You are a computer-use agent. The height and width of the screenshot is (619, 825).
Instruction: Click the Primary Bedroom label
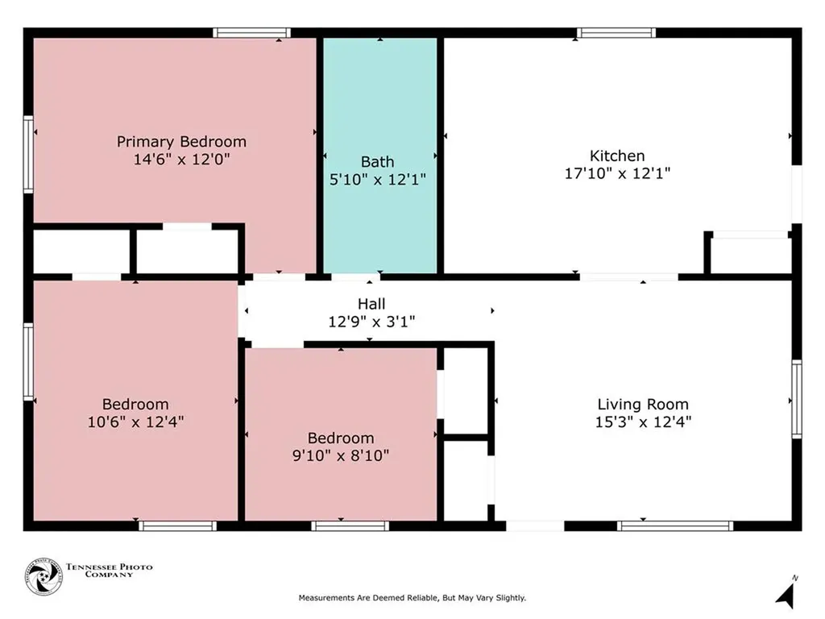coord(181,142)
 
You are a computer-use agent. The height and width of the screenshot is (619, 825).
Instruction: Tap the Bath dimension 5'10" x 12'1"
coord(377,180)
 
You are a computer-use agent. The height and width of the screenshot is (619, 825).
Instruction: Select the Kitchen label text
coord(617,156)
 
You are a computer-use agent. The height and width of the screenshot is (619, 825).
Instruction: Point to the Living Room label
coord(643,405)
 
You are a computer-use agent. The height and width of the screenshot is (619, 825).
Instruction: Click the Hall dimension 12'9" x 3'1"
coord(371,321)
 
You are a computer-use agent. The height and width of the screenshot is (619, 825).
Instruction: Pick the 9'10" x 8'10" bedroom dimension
coord(341,455)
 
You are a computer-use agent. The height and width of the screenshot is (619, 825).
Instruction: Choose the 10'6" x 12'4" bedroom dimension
coord(135,422)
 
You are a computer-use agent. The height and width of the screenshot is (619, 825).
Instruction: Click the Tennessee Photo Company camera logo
coord(44,577)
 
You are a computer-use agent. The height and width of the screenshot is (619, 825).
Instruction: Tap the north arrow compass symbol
coord(786,592)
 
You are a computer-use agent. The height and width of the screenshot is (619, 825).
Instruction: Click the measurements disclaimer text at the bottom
coord(412,598)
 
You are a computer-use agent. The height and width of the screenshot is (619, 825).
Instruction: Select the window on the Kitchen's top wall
coord(616,33)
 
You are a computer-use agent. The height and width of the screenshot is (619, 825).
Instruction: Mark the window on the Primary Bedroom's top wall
coord(251,33)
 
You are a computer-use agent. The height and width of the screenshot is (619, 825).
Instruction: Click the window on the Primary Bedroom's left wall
coord(28,154)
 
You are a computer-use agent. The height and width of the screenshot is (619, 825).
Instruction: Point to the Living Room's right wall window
coord(797,399)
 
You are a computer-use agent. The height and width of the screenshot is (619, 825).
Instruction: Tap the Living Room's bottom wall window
coord(675,526)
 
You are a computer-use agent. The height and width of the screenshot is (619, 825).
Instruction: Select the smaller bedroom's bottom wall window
coord(350,526)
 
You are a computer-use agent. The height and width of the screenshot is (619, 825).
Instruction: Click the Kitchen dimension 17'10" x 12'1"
coord(617,173)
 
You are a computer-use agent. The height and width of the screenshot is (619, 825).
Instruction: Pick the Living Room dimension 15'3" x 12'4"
coord(643,422)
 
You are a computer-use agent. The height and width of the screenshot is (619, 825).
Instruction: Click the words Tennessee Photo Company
coord(110,571)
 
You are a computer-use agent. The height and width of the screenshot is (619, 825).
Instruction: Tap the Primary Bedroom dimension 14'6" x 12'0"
coord(181,159)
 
